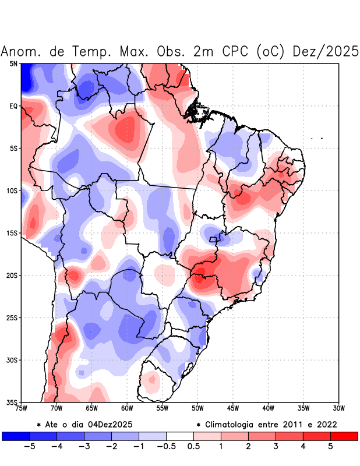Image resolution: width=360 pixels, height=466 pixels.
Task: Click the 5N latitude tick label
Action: tap(13, 63)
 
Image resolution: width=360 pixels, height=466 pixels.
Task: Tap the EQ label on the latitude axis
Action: tap(13, 106)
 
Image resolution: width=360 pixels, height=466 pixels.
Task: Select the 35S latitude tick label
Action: tap(12, 402)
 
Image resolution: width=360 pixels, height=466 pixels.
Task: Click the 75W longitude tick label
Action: tap(22, 408)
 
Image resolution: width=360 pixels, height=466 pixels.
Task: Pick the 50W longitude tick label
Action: tap(197, 408)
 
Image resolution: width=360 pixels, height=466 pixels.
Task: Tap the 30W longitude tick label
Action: tap(338, 408)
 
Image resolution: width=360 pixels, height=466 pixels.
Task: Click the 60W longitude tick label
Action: tap(127, 408)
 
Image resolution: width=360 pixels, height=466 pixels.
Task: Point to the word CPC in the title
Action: tap(235, 51)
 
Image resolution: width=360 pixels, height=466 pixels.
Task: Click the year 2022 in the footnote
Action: tap(325, 424)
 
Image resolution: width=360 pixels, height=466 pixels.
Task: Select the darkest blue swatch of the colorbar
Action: tap(15, 436)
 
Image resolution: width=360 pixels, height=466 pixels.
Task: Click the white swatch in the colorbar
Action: tap(180, 436)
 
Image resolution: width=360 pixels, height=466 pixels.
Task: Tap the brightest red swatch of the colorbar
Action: tap(344, 436)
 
